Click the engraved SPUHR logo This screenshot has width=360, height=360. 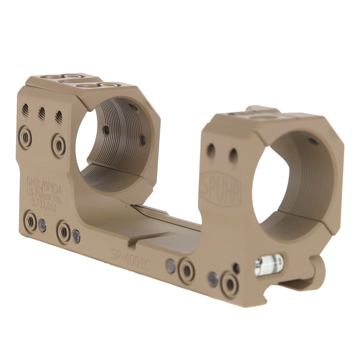click(x=220, y=189)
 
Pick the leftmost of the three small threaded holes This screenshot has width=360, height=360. click(x=25, y=110)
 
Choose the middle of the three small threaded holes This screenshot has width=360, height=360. click(x=42, y=114)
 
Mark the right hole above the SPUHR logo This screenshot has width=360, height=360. click(x=233, y=156)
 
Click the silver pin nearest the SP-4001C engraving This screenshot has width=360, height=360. click(x=170, y=266)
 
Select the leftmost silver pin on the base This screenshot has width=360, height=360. click(x=42, y=225)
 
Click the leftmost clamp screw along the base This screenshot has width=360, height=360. click(x=31, y=222)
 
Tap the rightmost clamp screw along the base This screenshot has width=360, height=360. click(x=230, y=284)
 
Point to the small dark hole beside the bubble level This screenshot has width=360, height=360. click(x=236, y=268)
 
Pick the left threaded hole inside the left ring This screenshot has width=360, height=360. click(x=106, y=130)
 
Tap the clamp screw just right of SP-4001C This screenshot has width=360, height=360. click(x=186, y=271)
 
